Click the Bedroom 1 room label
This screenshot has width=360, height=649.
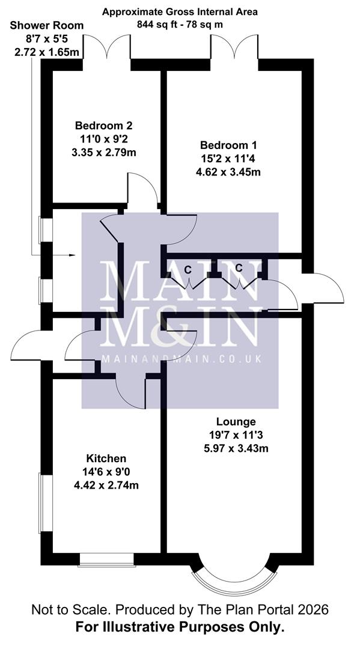(x=228, y=145)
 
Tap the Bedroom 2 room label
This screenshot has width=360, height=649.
(x=103, y=126)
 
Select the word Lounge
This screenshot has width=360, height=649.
(x=237, y=422)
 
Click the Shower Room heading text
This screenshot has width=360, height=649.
(x=46, y=25)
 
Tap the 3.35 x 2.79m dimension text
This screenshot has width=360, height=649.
(x=103, y=153)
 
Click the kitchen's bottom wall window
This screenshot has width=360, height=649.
(x=106, y=559)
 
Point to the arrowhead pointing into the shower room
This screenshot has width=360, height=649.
(x=72, y=256)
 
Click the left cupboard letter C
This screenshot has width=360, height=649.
(x=188, y=269)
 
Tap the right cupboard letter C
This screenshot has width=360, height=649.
(x=239, y=267)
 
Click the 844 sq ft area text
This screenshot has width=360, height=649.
(x=180, y=25)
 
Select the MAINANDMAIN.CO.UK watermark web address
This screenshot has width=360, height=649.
(x=180, y=359)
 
